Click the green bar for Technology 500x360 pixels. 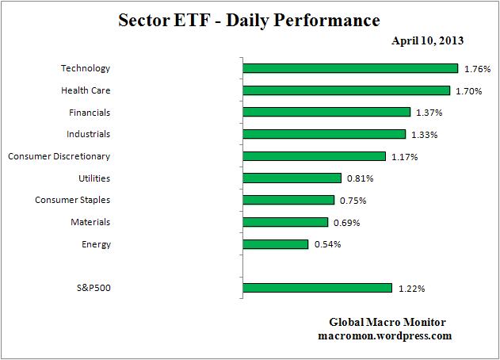350,68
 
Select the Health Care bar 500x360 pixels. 346,90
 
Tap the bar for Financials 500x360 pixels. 326,113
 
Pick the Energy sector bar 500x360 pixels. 275,244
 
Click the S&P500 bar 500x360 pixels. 317,288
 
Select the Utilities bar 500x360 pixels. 292,178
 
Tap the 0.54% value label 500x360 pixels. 327,244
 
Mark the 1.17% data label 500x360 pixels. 404,157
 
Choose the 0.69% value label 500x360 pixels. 346,223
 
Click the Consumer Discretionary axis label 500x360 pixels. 59,156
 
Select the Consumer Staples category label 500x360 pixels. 72,200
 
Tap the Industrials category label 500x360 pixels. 88,134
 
